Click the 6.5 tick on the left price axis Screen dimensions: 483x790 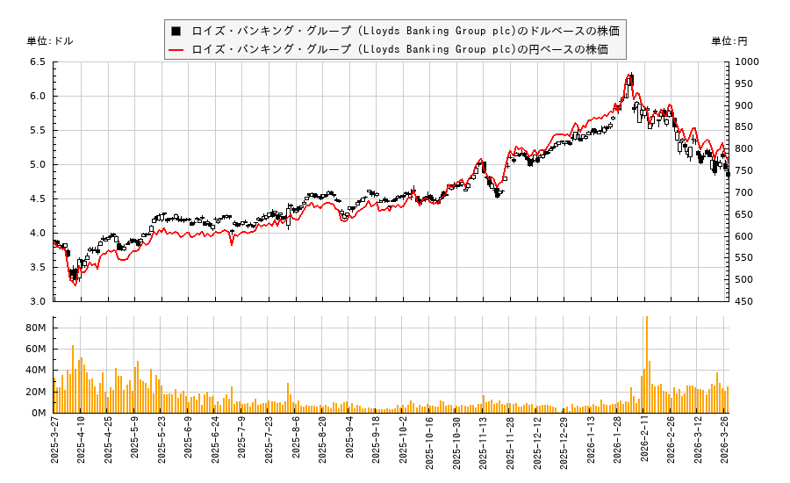pos(37,62)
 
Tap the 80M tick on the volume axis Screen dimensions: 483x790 pos(35,328)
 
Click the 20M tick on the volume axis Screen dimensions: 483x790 pos(35,392)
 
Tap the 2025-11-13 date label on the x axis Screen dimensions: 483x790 pos(484,446)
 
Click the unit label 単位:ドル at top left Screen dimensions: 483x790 pos(50,41)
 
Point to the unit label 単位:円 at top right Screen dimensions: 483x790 pos(729,41)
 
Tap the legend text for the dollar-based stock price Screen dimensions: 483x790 pos(405,31)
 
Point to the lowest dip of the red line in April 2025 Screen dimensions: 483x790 pos(75,285)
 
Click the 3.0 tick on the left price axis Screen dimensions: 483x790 pos(37,301)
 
